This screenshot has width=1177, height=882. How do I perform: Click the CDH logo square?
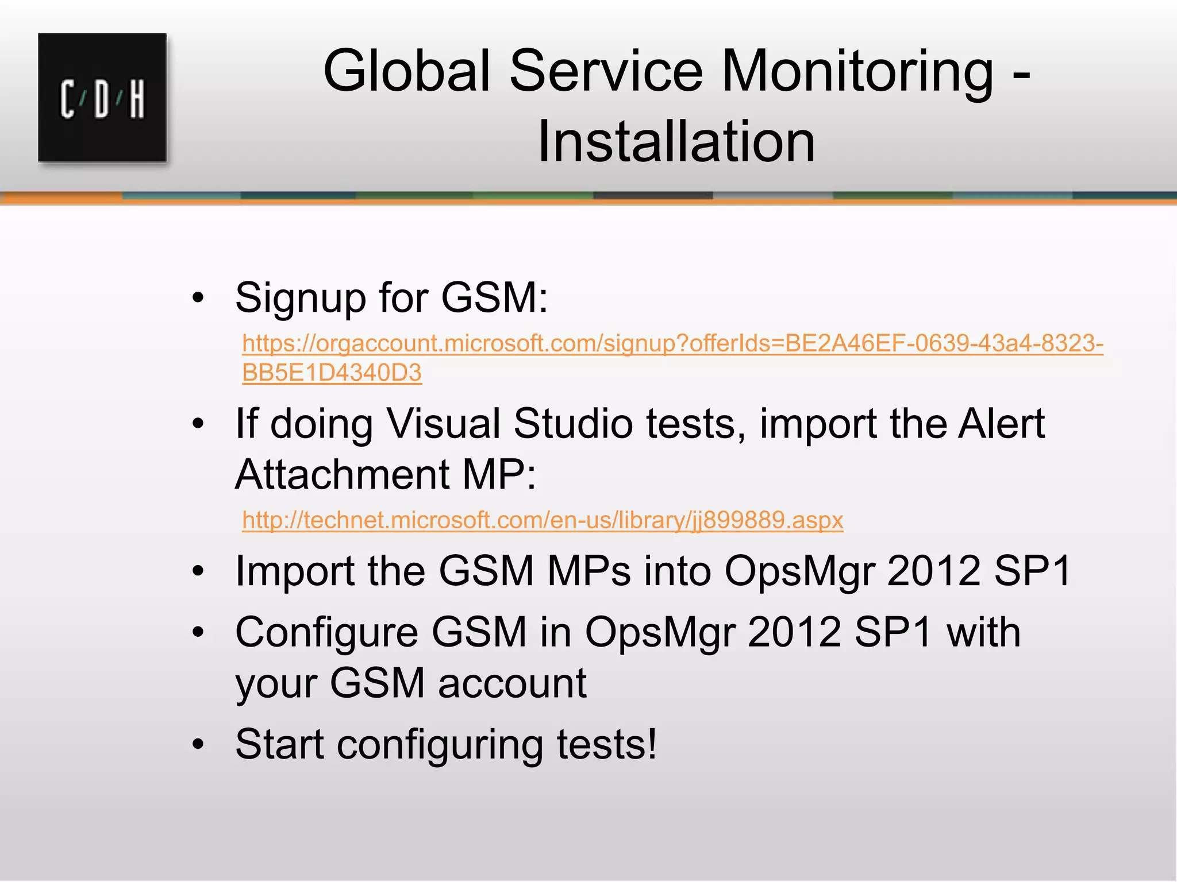[x=102, y=98]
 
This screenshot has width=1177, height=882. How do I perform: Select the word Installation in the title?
[x=676, y=142]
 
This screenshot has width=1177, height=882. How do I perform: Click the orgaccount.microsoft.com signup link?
[x=672, y=343]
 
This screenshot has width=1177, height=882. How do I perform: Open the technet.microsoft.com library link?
[x=543, y=520]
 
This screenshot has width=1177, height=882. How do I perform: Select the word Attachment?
[x=342, y=474]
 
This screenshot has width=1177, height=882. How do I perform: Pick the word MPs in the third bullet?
[x=589, y=571]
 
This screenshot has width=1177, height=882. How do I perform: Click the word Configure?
[x=326, y=633]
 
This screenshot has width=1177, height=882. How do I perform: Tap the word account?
[x=512, y=683]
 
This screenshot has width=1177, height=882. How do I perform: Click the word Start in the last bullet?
[x=279, y=744]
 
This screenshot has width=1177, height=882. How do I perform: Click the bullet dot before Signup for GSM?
[x=198, y=298]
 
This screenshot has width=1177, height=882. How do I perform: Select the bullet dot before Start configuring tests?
[x=198, y=745]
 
